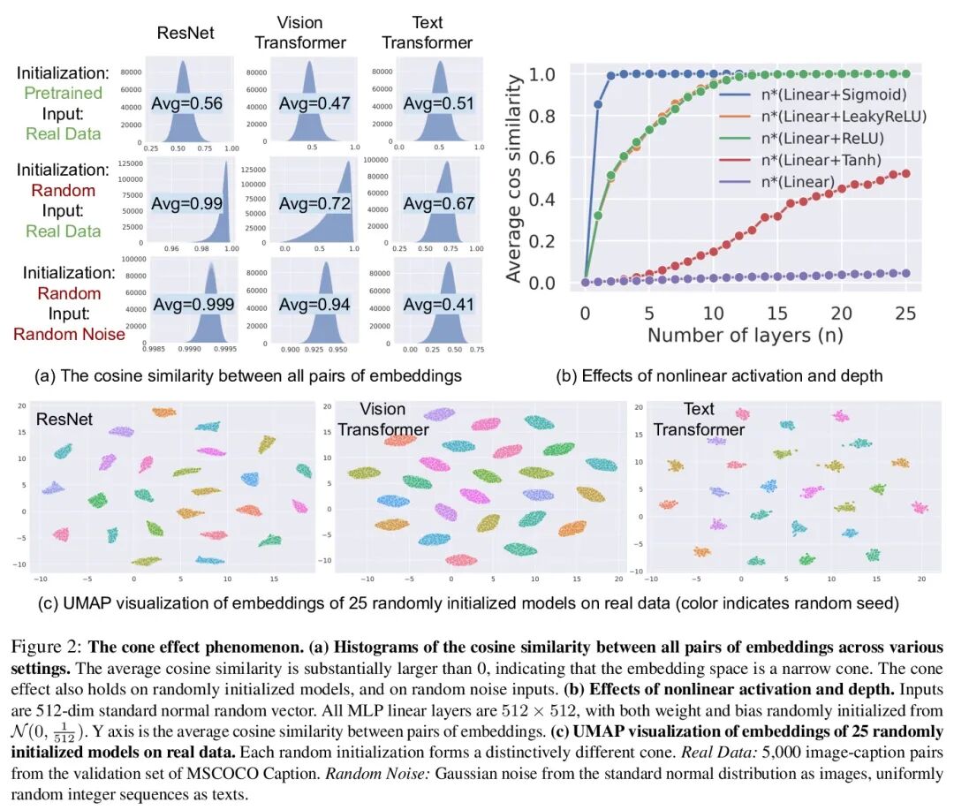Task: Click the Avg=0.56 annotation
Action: [186, 103]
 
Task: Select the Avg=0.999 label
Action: [192, 305]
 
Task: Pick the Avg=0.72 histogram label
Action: [314, 204]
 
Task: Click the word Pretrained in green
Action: [63, 93]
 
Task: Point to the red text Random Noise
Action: [69, 334]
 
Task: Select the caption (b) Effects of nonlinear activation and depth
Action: [719, 375]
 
